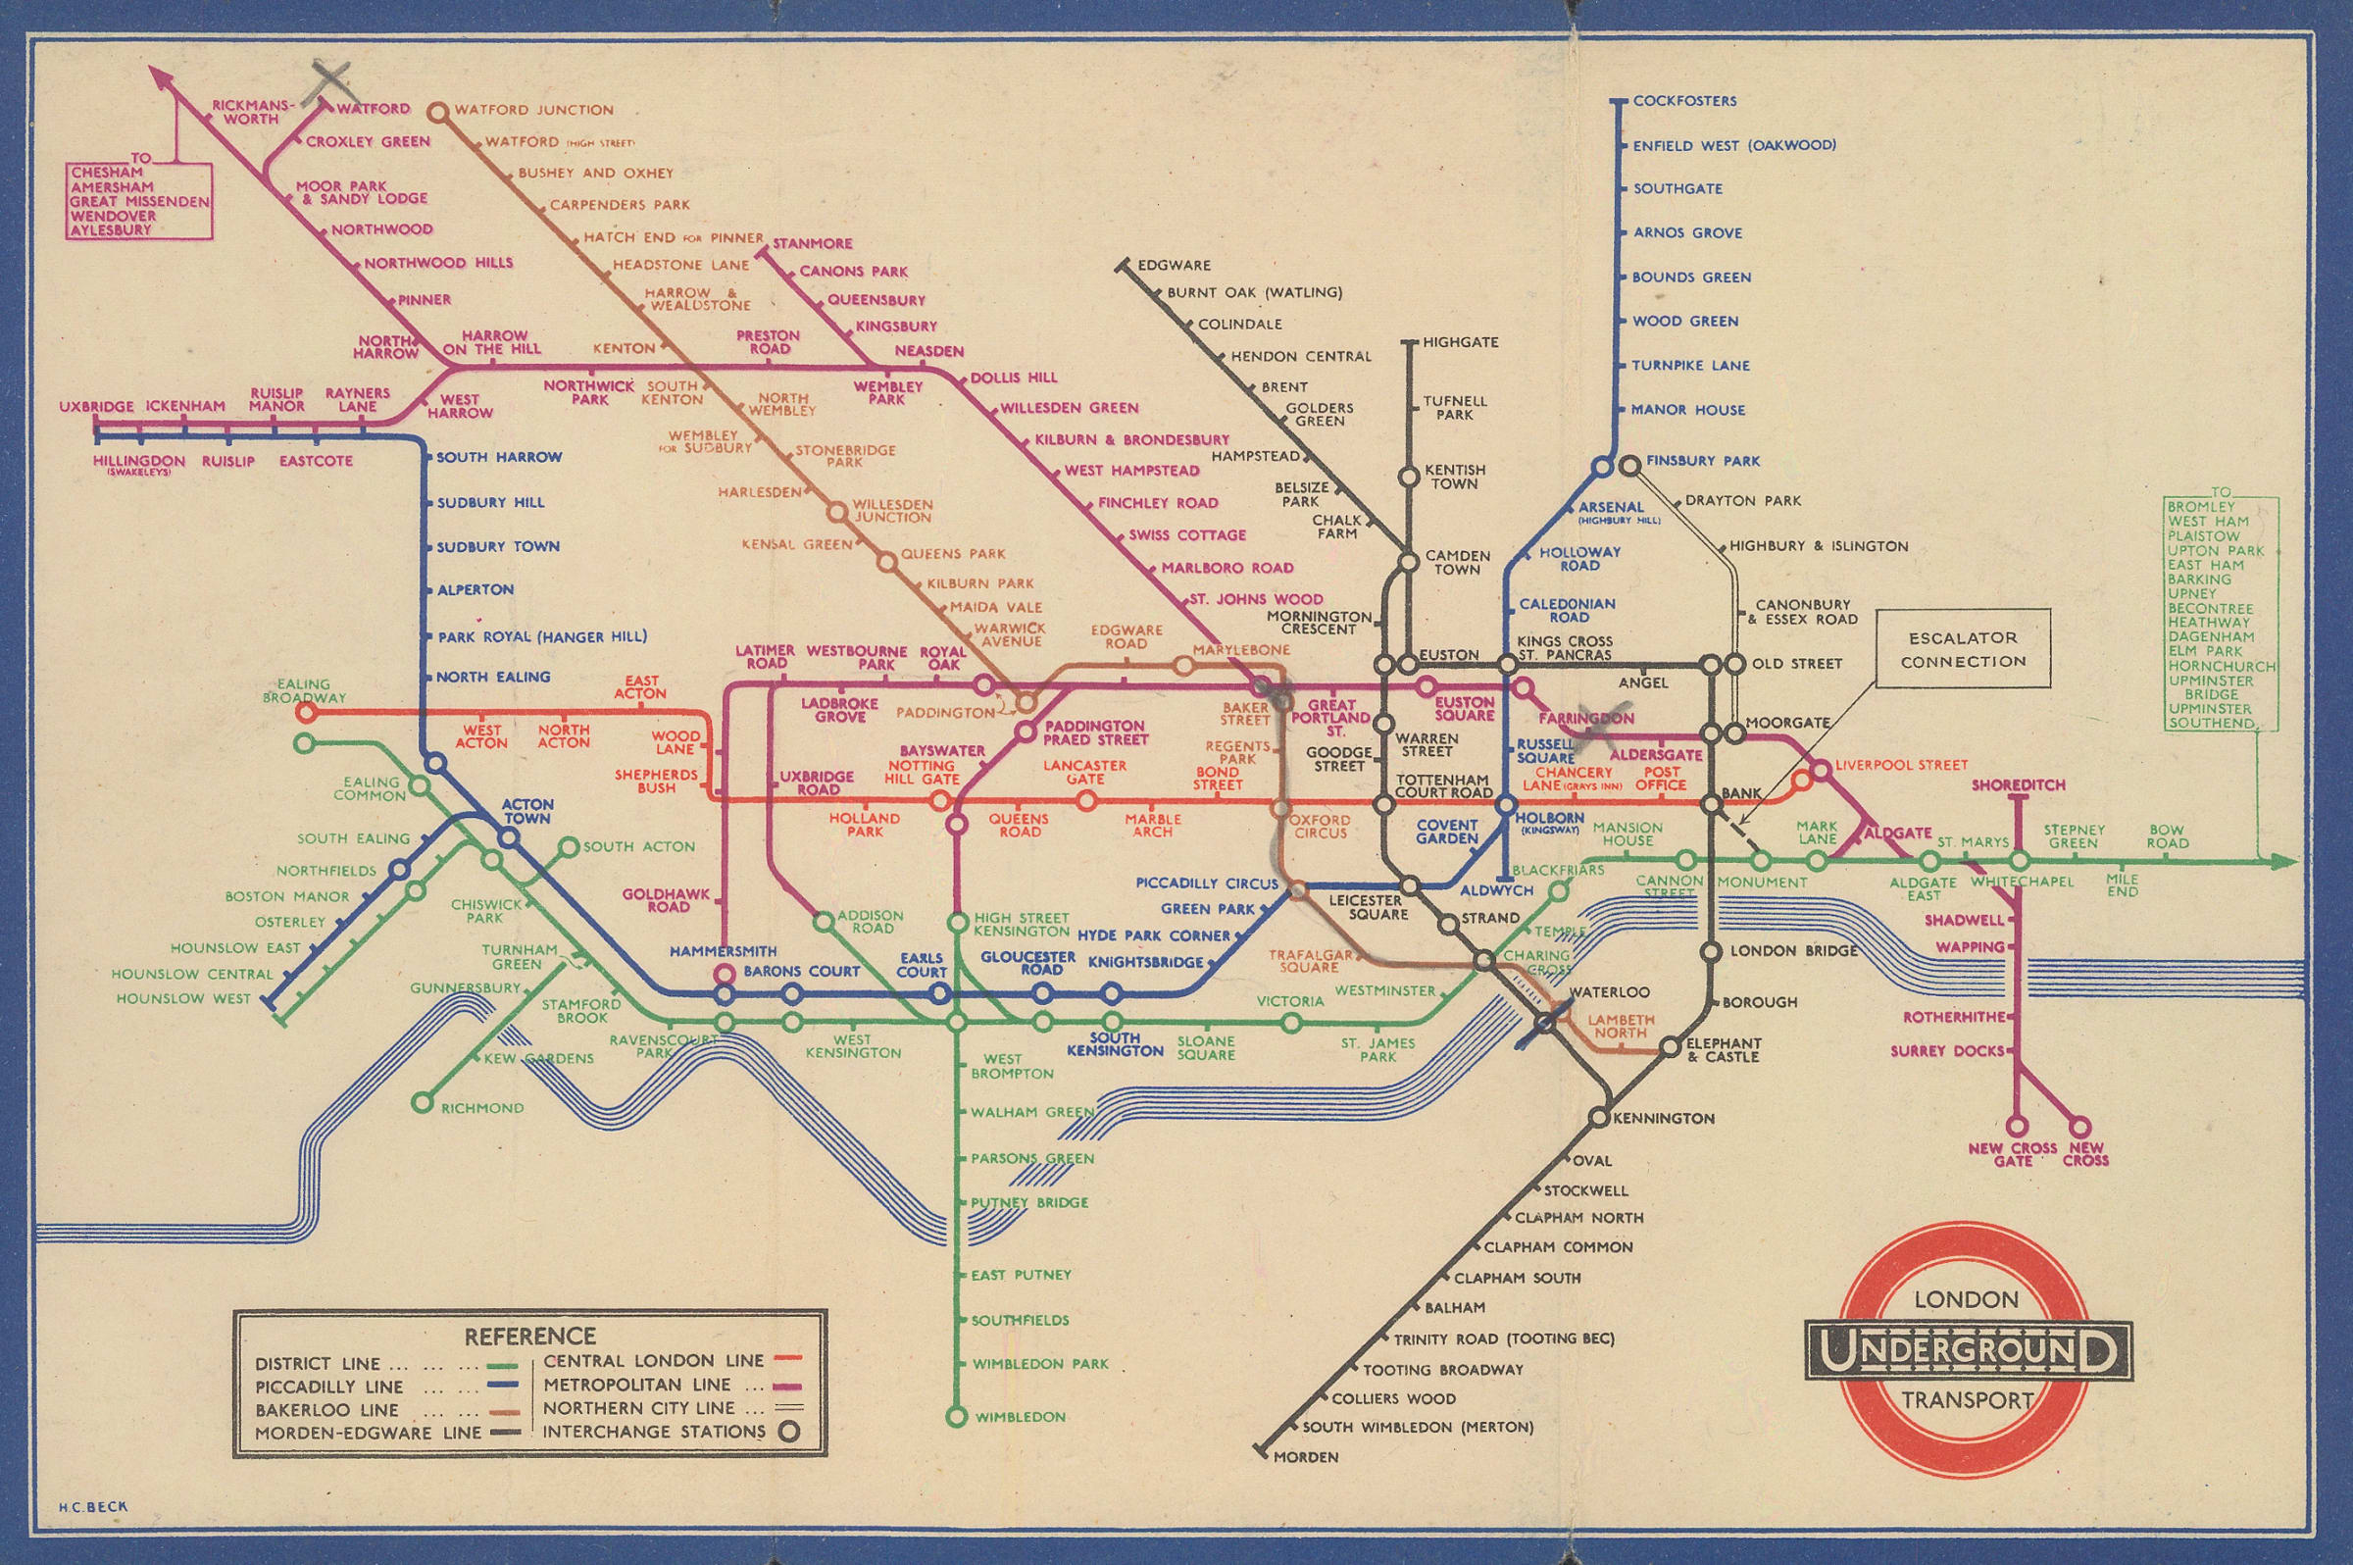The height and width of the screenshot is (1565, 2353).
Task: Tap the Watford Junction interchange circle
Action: [x=437, y=112]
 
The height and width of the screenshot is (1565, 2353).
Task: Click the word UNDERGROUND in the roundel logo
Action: [x=1968, y=1351]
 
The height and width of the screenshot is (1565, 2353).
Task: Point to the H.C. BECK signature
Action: [x=88, y=1507]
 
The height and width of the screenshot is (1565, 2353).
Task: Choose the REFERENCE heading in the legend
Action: [x=529, y=1336]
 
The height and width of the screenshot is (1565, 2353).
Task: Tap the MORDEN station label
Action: [x=1306, y=1486]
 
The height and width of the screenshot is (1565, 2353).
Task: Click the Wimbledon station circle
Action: [x=957, y=1416]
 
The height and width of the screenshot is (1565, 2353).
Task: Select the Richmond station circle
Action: [x=423, y=1103]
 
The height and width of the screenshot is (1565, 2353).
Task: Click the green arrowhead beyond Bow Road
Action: [x=2285, y=861]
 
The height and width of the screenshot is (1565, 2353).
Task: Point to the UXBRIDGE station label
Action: [x=96, y=407]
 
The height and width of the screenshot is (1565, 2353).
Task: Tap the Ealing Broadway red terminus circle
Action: [x=306, y=713]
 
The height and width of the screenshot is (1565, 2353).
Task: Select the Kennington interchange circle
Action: [x=1599, y=1118]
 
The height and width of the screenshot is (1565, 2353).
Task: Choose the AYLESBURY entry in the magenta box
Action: [x=111, y=229]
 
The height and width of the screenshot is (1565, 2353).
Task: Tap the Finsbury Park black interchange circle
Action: [x=1629, y=465]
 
